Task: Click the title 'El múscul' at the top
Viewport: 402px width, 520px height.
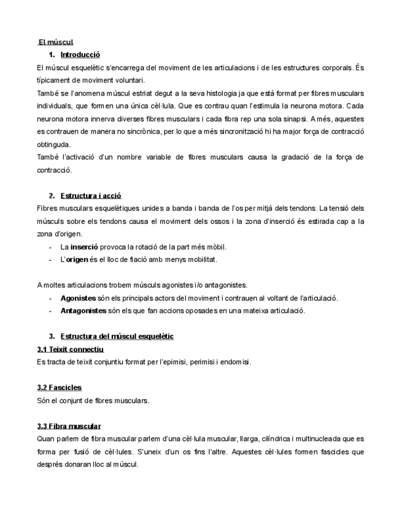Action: click(x=56, y=42)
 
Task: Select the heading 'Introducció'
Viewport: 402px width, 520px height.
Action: click(x=80, y=55)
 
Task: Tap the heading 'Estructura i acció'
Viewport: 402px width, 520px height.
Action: click(x=91, y=196)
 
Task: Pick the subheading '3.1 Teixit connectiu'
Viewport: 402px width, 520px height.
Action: click(x=71, y=349)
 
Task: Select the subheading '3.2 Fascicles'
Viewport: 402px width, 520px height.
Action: click(x=60, y=388)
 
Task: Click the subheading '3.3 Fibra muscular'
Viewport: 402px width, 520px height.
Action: click(x=69, y=426)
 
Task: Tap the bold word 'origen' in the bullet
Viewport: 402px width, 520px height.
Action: click(x=77, y=259)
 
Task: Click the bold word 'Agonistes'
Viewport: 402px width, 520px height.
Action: click(x=78, y=298)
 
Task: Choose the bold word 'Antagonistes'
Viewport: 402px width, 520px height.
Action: click(x=83, y=311)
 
